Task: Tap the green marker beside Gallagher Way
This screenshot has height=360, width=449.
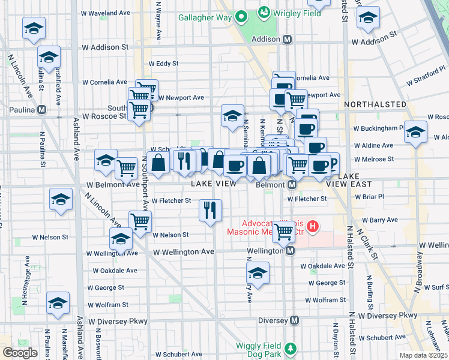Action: coord(241,17)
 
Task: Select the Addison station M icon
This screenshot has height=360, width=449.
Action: coord(287,39)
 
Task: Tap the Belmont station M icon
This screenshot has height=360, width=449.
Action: coord(291,185)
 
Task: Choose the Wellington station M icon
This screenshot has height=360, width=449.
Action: coord(290,250)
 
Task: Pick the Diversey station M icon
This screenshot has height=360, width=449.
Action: coord(294,320)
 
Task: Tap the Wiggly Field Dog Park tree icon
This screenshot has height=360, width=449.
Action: coord(291,348)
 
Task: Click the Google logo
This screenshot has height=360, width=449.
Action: coord(20,352)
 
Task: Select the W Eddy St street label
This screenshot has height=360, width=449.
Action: coord(163,63)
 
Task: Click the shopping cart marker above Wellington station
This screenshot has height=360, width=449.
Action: coord(283,230)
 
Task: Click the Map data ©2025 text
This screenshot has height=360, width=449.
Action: coord(423,355)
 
